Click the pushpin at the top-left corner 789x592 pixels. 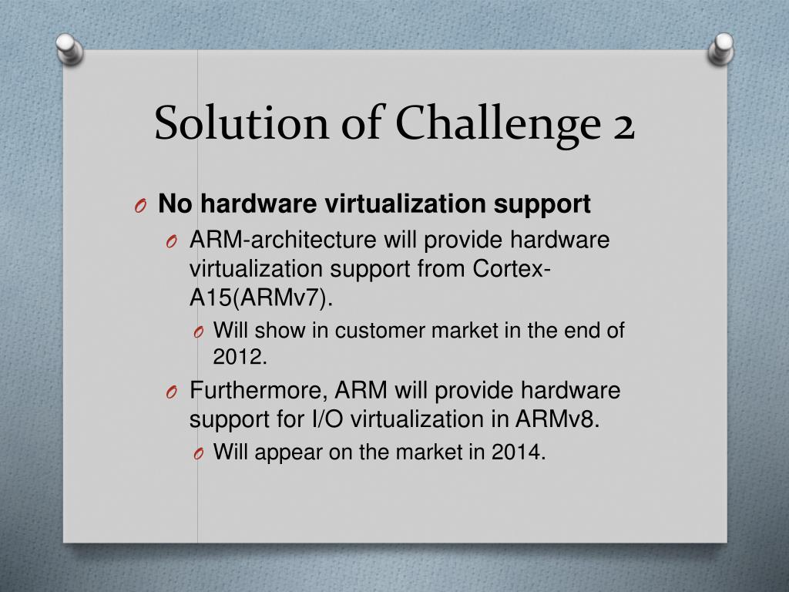point(69,50)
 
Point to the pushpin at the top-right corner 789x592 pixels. point(721,48)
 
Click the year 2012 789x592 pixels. point(240,357)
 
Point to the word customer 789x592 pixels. point(381,331)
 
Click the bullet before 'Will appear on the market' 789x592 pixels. point(198,455)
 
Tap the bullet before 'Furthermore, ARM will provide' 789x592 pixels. point(171,392)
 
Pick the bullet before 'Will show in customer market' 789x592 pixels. point(198,333)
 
